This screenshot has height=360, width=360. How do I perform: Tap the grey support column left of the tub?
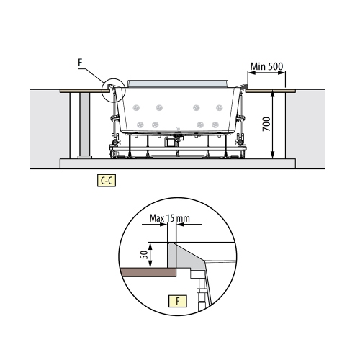(x=84, y=124)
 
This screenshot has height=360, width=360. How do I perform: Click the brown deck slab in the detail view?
(x=148, y=272)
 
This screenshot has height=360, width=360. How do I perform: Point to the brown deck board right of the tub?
(x=271, y=91)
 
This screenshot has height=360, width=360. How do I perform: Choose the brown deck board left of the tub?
(x=81, y=91)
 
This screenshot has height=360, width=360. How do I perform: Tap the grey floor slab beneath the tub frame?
(x=176, y=162)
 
